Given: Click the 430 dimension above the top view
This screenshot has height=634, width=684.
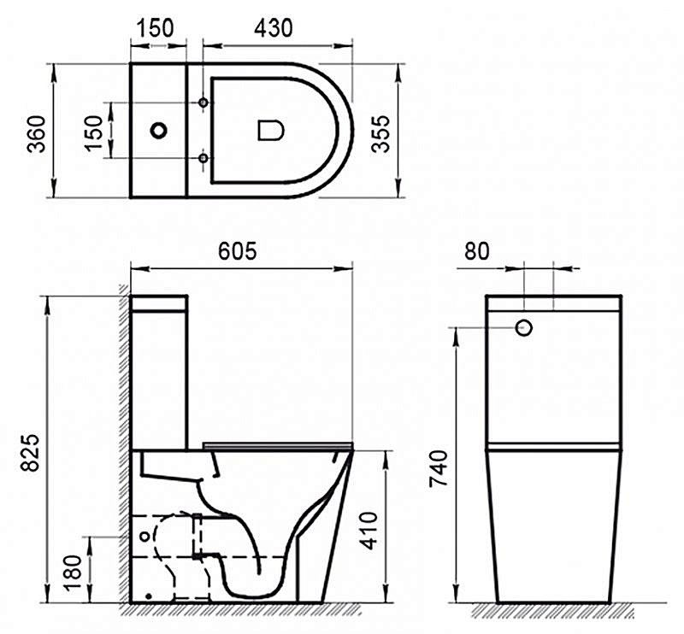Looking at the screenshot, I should [274, 27].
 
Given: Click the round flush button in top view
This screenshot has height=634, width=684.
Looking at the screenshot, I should [158, 131].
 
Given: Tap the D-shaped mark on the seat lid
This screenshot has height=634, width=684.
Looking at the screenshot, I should [271, 130].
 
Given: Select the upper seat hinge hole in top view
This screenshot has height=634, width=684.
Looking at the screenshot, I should [203, 103].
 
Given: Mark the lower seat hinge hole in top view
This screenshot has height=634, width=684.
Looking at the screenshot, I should [203, 158].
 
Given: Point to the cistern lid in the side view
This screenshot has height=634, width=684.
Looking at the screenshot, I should [158, 302].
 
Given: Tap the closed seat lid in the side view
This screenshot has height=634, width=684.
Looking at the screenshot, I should [278, 444].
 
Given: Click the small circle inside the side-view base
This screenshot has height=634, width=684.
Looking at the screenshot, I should [145, 536].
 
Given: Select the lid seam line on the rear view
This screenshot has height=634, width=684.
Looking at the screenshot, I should [554, 446].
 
